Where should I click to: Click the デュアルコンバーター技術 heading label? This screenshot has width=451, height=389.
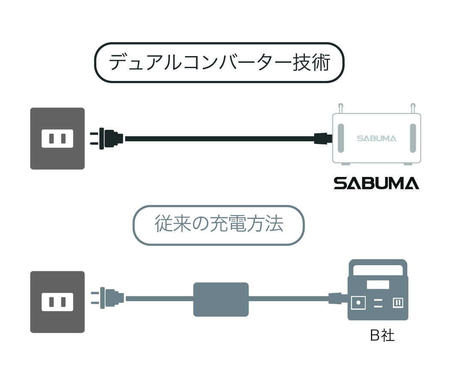tap(219, 63)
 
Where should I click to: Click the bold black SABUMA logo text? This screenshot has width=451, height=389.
tap(376, 183)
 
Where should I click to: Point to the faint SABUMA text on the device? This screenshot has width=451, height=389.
tap(376, 138)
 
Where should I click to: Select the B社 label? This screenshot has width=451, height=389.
tap(382, 335)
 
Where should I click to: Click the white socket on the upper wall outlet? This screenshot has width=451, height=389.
tap(57, 138)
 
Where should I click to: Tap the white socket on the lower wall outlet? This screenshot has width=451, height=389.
tap(57, 302)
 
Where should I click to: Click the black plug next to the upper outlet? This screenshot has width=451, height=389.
tap(106, 138)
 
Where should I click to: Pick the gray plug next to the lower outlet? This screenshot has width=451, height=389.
tap(107, 298)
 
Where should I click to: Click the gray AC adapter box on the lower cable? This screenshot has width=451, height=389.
tap(221, 299)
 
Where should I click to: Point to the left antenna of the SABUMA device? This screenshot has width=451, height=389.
tap(340, 108)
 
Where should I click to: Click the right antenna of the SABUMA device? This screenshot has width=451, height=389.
tap(413, 108)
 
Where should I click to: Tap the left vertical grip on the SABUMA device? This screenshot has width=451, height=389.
tap(341, 138)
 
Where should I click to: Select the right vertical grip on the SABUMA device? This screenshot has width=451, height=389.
tap(413, 138)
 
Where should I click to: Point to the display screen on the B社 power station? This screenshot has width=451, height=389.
tap(378, 284)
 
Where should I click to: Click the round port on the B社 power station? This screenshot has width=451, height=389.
tap(358, 303)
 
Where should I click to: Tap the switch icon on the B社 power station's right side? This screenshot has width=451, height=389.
tap(398, 303)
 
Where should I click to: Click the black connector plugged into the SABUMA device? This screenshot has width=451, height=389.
tap(323, 138)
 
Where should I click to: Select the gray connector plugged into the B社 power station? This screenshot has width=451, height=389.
tap(338, 298)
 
